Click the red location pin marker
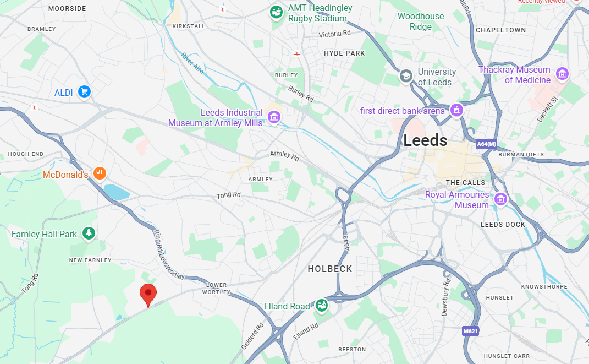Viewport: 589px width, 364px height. pos(148,294)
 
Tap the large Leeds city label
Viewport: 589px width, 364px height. pos(425,140)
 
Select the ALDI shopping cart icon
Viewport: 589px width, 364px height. pos(84,92)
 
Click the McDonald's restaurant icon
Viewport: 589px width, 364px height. pos(100,174)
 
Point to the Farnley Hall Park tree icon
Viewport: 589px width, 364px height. pos(89,233)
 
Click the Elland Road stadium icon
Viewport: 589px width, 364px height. pos(322,306)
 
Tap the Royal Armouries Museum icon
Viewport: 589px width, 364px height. pos(500,199)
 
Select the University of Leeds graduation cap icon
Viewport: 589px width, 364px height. pos(406,76)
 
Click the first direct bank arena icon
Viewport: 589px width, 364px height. pos(456,111)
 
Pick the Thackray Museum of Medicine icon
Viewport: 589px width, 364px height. pos(562,74)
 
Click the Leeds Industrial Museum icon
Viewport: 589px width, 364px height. pos(274,117)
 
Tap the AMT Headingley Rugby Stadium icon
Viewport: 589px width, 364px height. pos(276,12)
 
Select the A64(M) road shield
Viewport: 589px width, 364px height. pos(487,144)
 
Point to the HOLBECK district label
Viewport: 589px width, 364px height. pos(330,269)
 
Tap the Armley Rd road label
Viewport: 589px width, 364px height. pos(285,156)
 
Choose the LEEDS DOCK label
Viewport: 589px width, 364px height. pos(503,224)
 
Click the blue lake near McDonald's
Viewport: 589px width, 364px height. pos(117,192)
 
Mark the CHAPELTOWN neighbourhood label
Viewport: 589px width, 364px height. pos(500,30)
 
